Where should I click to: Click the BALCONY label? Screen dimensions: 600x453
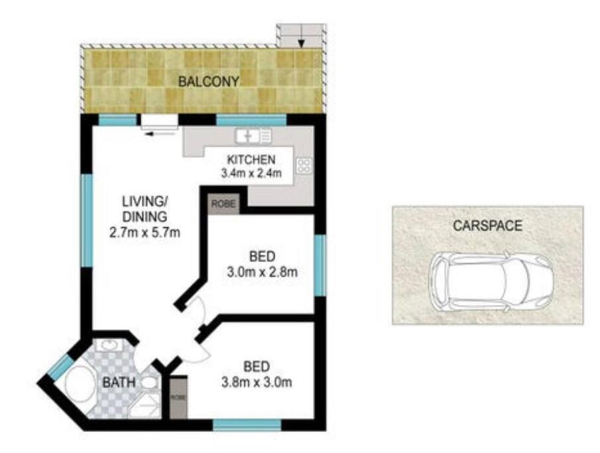209,81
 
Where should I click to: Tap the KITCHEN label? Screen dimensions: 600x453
251,160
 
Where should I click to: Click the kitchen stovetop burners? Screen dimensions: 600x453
304,166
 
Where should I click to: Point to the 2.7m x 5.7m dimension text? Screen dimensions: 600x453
145,232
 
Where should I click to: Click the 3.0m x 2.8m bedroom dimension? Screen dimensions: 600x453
262,272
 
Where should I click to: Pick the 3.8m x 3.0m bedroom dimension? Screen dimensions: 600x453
257,382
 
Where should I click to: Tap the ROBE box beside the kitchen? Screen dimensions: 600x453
224,204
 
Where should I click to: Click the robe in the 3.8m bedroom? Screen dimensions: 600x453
178,397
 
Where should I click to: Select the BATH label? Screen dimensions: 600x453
119,382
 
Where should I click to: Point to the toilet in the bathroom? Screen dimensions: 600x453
150,383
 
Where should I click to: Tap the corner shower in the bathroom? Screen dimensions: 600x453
144,405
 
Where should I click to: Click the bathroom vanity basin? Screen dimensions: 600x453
112,345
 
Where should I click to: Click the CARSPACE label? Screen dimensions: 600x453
487,226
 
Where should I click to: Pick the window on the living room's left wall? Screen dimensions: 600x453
88,221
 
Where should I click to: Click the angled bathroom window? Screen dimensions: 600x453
60,366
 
